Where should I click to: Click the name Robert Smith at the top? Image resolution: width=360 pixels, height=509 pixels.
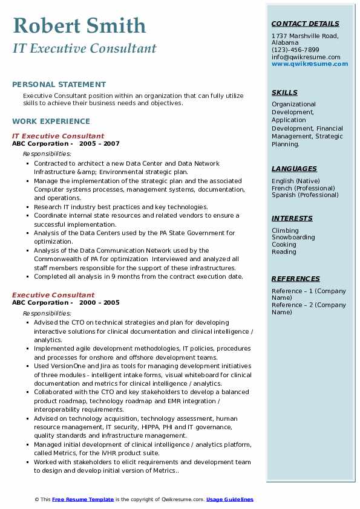pyautogui.click(x=79, y=25)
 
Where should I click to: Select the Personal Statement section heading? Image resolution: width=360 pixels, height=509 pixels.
pyautogui.click(x=59, y=85)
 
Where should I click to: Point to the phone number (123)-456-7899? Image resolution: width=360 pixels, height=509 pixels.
pyautogui.click(x=295, y=50)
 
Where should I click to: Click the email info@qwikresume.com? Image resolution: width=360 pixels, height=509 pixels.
pyautogui.click(x=306, y=57)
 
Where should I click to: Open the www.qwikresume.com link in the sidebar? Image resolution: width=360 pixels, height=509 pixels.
pyautogui.click(x=310, y=64)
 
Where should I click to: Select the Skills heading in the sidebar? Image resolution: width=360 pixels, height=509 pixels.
pyautogui.click(x=284, y=93)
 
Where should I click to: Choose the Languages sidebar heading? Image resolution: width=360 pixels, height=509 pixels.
pyautogui.click(x=294, y=169)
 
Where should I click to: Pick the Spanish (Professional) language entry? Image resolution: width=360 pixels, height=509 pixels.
pyautogui.click(x=305, y=195)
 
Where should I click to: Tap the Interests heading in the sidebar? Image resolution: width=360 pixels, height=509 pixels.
pyautogui.click(x=292, y=219)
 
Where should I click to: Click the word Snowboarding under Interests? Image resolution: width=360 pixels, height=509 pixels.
pyautogui.click(x=293, y=238)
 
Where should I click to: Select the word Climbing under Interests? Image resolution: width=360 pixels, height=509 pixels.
pyautogui.click(x=285, y=230)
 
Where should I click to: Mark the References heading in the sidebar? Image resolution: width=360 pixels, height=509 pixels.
pyautogui.click(x=296, y=279)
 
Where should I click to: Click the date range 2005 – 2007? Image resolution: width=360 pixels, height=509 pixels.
pyautogui.click(x=99, y=144)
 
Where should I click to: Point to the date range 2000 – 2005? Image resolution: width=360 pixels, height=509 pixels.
pyautogui.click(x=99, y=303)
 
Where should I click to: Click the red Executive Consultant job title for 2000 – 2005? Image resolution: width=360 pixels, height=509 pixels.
pyautogui.click(x=53, y=295)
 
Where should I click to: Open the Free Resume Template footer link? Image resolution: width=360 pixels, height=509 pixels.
pyautogui.click(x=83, y=499)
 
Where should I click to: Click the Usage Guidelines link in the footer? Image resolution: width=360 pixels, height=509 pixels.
pyautogui.click(x=230, y=499)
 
